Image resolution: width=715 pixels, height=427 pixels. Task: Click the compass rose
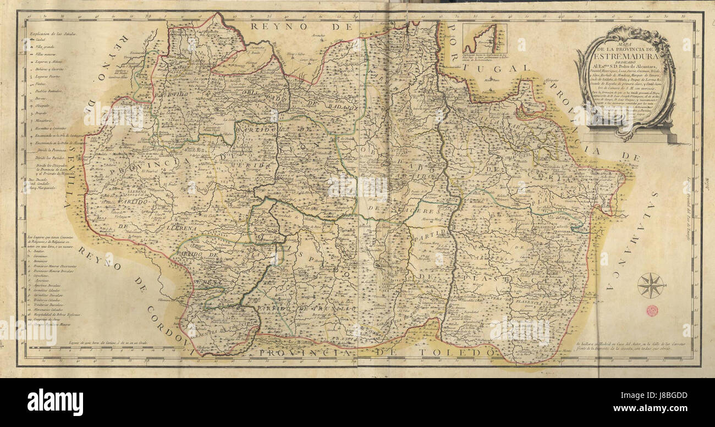coord(651,285)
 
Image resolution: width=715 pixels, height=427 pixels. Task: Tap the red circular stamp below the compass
coord(652,310)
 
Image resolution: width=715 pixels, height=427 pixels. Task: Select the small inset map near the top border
coord(485,38)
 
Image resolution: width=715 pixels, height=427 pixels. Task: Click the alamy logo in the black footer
coord(55,402)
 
